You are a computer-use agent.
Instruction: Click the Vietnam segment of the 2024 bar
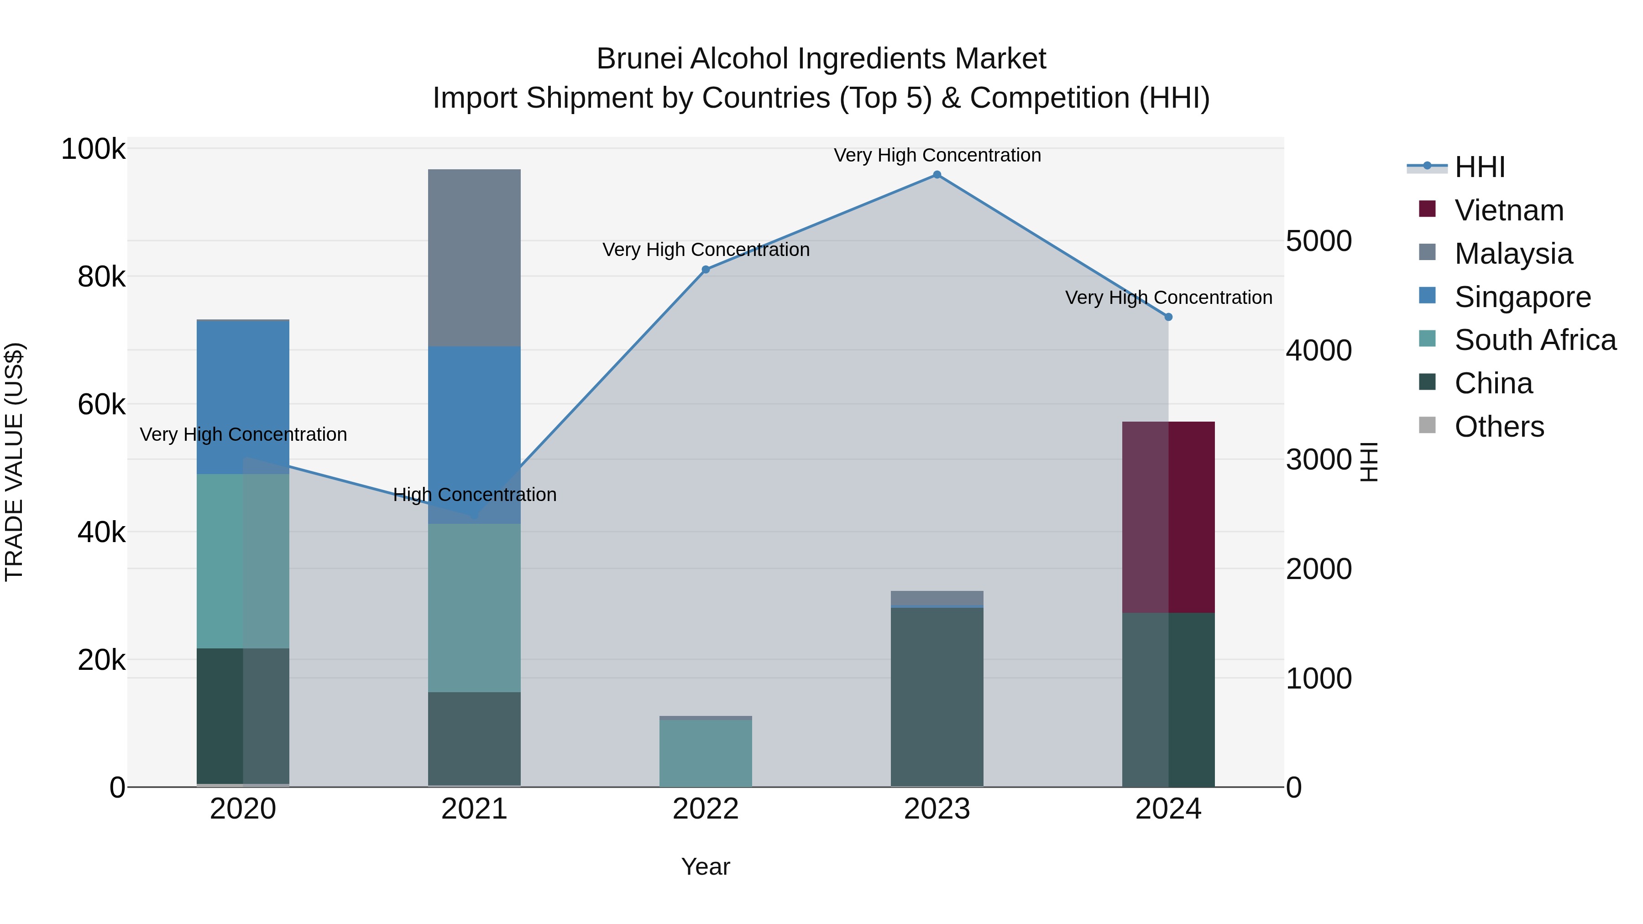(1168, 517)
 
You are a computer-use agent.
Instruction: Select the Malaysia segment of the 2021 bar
(474, 258)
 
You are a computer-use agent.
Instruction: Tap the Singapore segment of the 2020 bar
(242, 397)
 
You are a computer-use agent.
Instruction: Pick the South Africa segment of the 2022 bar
(706, 752)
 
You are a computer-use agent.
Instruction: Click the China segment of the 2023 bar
(937, 696)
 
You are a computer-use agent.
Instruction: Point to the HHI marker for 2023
(937, 175)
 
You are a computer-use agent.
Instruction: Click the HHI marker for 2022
(706, 270)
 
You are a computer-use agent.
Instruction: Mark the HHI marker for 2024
(1168, 317)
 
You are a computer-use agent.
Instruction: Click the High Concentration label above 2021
(475, 495)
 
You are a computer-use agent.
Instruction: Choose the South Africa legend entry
(1534, 340)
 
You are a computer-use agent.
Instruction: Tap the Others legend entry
(1499, 427)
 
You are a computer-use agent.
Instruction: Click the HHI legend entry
(1480, 167)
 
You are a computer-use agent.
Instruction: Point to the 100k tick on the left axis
(93, 149)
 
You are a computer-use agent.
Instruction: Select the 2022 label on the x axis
(706, 809)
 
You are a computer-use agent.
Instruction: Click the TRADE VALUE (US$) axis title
(14, 462)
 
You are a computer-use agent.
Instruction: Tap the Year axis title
(706, 867)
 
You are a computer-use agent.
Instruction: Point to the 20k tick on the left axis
(101, 660)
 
